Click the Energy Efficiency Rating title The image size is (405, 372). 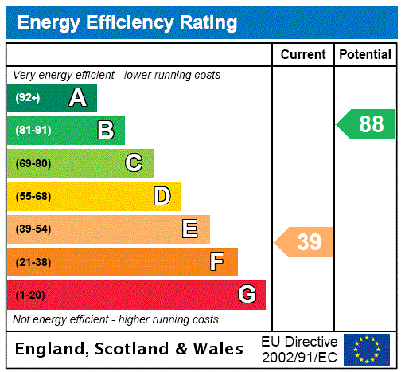(127, 23)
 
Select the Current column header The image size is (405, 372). (303, 55)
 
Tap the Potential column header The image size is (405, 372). (365, 55)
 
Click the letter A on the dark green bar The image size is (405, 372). (77, 98)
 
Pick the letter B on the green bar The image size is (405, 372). (105, 131)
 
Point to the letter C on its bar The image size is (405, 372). (134, 163)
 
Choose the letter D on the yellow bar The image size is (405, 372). (162, 196)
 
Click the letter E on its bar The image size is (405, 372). (190, 229)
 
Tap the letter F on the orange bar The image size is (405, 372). (217, 262)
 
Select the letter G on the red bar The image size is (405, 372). (247, 295)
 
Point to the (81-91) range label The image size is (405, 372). (33, 131)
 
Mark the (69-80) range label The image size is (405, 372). (33, 163)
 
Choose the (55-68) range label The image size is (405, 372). (33, 196)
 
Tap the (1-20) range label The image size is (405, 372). (30, 296)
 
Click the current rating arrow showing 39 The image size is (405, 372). (305, 242)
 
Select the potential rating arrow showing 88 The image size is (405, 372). (366, 124)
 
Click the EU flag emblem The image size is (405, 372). (367, 349)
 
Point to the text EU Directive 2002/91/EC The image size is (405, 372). (299, 349)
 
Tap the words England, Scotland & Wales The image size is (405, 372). (130, 349)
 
